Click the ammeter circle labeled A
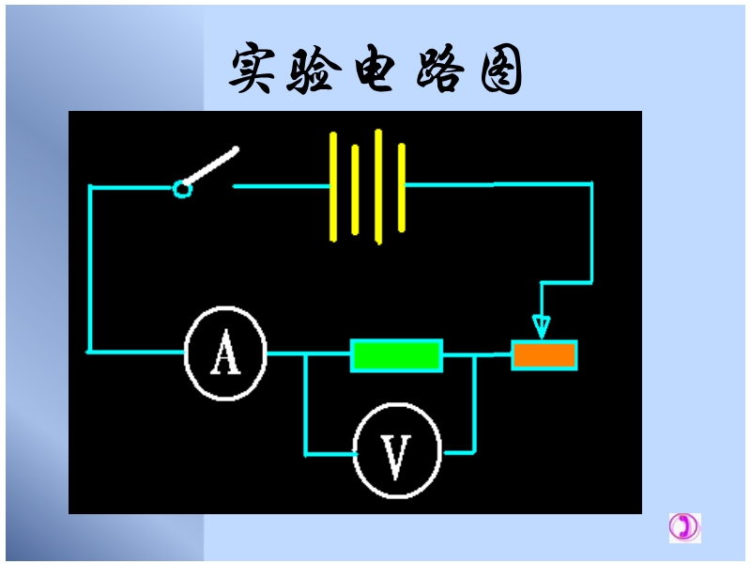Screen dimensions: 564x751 [x=225, y=353]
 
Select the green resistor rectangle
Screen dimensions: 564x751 [x=396, y=355]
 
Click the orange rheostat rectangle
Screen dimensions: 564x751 [x=544, y=354]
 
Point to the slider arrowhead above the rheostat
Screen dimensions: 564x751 [x=541, y=326]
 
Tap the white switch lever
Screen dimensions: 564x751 [x=212, y=167]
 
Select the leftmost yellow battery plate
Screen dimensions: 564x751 [x=333, y=186]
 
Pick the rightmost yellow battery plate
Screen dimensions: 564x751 [x=402, y=186]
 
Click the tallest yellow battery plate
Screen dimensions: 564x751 [x=378, y=186]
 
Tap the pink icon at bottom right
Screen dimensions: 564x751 [x=684, y=527]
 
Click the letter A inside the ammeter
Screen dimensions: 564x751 [x=225, y=354]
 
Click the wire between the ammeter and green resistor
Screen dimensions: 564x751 [x=308, y=354]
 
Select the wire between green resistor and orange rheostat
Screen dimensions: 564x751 [x=477, y=355]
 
